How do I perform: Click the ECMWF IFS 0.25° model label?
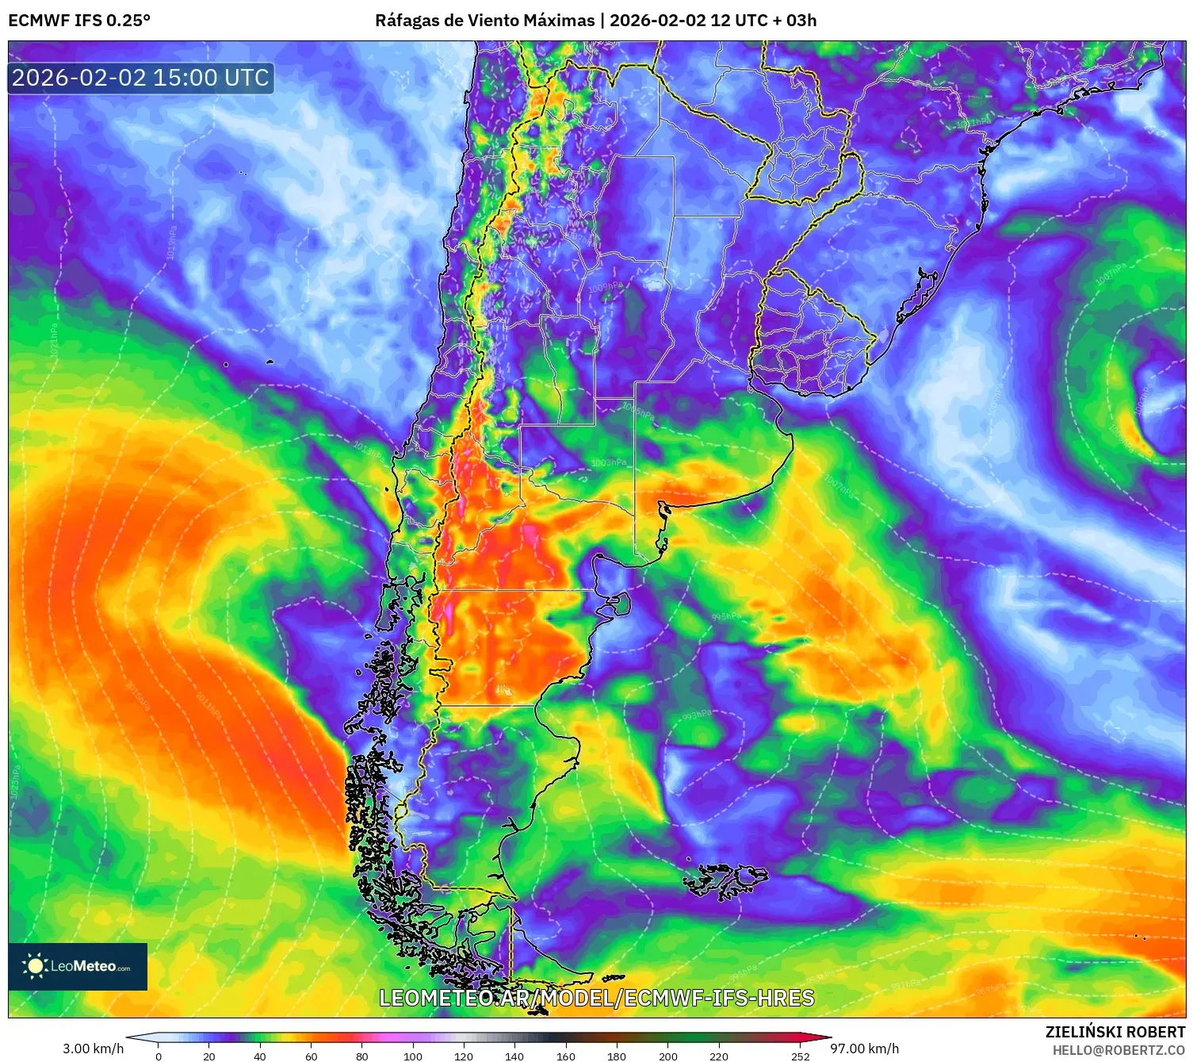tap(79, 20)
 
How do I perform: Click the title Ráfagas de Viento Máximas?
tap(484, 20)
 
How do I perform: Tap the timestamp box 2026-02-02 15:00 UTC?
tap(140, 78)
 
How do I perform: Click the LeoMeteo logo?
tap(78, 966)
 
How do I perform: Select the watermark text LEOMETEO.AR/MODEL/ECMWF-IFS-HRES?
tap(596, 998)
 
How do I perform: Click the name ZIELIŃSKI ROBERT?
tap(1115, 1032)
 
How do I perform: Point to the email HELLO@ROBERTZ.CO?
tap(1118, 1050)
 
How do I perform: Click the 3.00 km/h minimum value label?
tap(93, 1049)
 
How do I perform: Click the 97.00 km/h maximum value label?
tap(864, 1049)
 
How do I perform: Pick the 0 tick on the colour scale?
tap(159, 1056)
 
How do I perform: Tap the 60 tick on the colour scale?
tap(311, 1056)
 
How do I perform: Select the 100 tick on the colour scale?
tap(412, 1056)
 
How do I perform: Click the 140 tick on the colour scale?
tap(514, 1056)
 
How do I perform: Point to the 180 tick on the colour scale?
tap(616, 1056)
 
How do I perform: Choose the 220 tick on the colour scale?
tap(718, 1056)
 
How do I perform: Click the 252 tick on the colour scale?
tap(800, 1056)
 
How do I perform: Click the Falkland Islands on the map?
tap(725, 880)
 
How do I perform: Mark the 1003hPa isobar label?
tap(608, 462)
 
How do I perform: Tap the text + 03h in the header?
tap(795, 20)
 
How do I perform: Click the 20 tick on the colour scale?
tap(209, 1056)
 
